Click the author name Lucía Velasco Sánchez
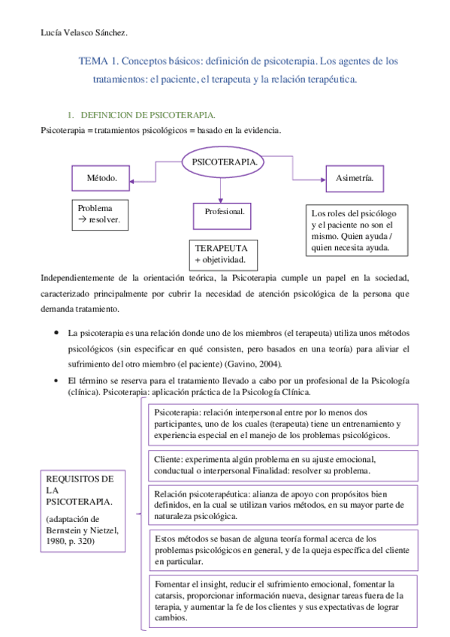(83, 32)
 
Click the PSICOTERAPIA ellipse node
(225, 162)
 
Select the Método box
(104, 179)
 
